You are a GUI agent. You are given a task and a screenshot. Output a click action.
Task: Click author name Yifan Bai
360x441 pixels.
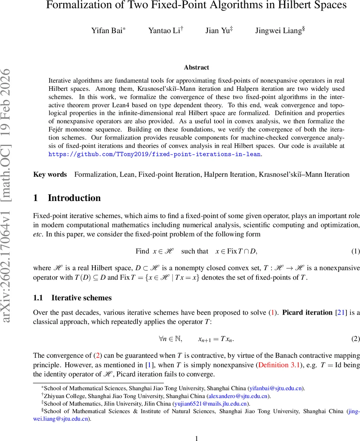click(107, 31)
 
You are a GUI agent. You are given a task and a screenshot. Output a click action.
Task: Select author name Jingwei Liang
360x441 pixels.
click(278, 31)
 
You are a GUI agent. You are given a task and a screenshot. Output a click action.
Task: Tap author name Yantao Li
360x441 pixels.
click(164, 31)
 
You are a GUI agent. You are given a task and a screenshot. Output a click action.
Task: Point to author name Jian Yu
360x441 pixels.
click(217, 31)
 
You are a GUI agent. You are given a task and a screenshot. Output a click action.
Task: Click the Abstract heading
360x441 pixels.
click(197, 67)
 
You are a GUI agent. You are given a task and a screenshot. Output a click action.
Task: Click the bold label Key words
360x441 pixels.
click(50, 175)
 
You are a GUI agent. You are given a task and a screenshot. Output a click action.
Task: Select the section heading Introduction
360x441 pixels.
click(74, 198)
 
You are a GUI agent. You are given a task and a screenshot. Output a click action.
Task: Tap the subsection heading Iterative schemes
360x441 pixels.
click(82, 298)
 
